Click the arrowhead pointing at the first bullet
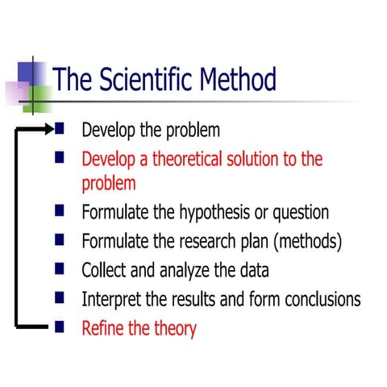(51, 127)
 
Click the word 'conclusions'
(318, 299)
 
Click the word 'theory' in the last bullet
(175, 329)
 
